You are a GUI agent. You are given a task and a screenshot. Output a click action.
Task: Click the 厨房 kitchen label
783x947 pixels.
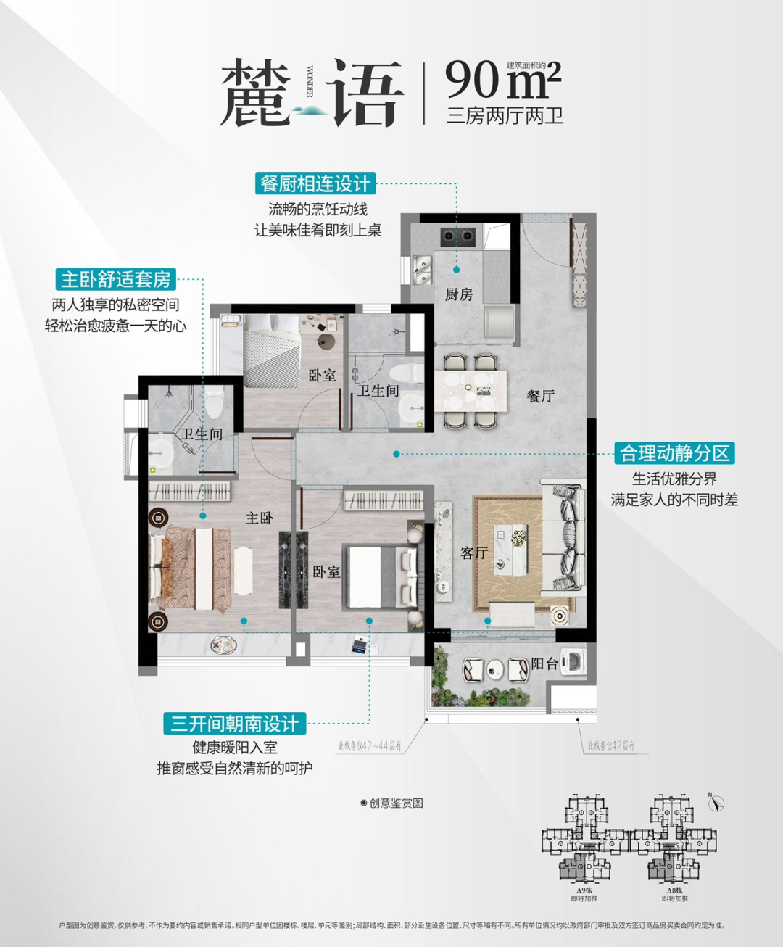coord(458,294)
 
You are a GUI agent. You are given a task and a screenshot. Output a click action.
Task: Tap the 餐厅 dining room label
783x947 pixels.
coord(540,396)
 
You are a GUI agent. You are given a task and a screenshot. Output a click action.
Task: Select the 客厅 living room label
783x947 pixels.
coord(473,553)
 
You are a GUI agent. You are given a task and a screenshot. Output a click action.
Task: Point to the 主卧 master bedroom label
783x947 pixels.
coord(259,518)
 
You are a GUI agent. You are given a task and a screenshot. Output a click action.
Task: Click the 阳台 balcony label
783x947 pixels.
coord(544,663)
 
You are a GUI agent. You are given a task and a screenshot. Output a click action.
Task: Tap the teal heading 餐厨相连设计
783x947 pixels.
coord(315,183)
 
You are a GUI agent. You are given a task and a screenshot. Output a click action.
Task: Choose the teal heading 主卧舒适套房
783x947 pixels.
coord(115,279)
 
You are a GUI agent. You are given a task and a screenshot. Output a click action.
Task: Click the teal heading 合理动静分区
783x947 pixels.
coord(674,453)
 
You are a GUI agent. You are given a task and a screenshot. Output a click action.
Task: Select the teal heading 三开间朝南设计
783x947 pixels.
coord(235,723)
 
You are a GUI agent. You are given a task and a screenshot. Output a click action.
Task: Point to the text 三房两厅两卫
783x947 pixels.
coord(505,116)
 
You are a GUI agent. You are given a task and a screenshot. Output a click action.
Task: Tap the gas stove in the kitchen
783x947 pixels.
coord(457,236)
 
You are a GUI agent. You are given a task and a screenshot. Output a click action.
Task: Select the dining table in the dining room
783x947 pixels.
coord(471,391)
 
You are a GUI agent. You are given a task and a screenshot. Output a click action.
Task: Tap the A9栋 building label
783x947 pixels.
coord(584,890)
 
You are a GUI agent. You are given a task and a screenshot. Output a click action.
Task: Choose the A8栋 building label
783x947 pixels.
coord(674,890)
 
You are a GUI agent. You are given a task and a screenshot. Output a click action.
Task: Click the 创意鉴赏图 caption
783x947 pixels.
coord(392,803)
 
